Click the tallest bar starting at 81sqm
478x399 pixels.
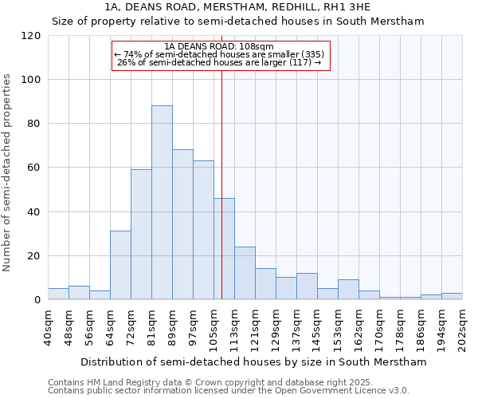[162, 203]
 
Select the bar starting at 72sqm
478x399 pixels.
[141, 235]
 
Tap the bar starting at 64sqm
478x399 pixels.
[120, 265]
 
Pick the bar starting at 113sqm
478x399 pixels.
[245, 273]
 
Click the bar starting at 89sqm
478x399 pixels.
[182, 224]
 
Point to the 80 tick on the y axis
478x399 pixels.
[33, 124]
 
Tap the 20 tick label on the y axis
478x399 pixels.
[33, 256]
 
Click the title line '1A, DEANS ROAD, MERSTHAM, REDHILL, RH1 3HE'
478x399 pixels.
[237, 7]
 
